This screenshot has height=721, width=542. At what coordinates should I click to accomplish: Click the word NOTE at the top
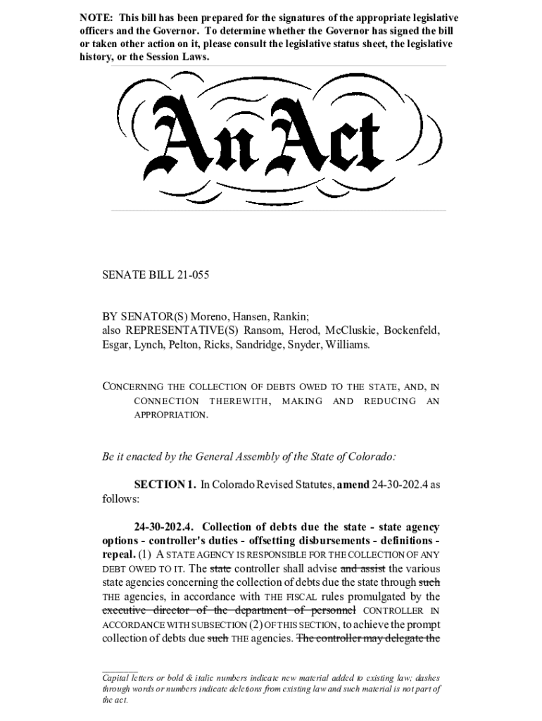(x=94, y=18)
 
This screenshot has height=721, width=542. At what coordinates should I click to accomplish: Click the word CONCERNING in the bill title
(x=134, y=387)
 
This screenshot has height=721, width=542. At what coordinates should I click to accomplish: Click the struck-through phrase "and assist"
(x=363, y=568)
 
